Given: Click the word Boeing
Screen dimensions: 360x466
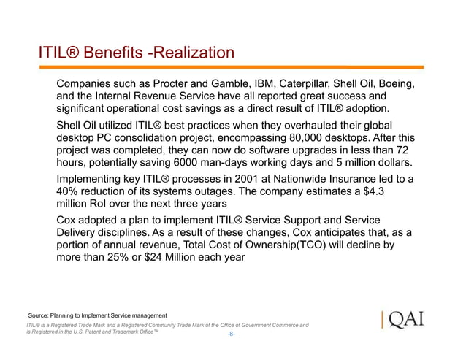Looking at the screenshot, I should pos(395,83).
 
